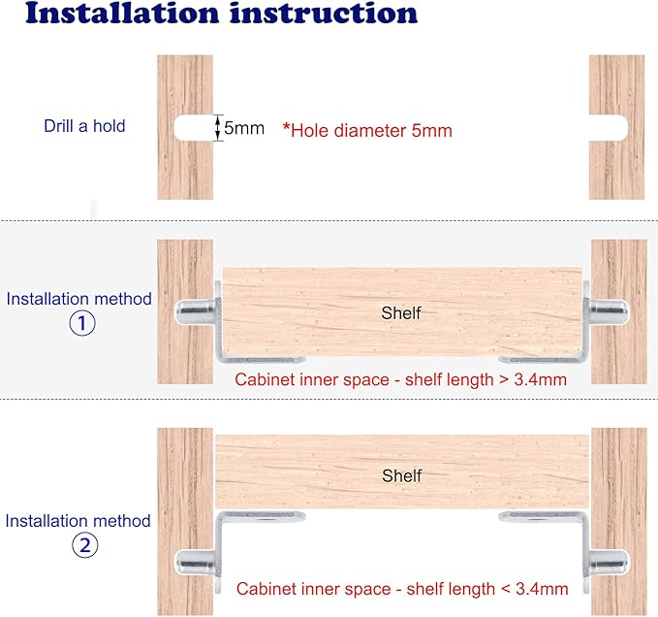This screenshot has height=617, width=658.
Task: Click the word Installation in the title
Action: (x=122, y=13)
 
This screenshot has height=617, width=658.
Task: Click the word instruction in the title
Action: (x=324, y=13)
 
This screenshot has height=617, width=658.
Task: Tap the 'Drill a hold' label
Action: (x=84, y=126)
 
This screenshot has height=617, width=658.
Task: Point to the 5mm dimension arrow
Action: (x=217, y=128)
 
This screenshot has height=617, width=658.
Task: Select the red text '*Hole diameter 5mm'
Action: (x=367, y=130)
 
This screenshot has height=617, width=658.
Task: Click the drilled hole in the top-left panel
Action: (x=194, y=128)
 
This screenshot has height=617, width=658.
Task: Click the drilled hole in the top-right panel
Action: (x=609, y=127)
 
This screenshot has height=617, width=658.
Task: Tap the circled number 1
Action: (x=82, y=323)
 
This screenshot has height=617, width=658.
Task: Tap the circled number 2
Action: (x=84, y=545)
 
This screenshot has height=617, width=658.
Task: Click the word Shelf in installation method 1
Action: (x=401, y=313)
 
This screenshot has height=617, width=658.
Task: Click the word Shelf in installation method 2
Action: (x=402, y=475)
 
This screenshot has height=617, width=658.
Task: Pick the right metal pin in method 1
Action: (x=608, y=312)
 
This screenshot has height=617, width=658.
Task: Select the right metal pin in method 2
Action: (x=608, y=562)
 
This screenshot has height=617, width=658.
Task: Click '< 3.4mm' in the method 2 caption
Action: (x=535, y=589)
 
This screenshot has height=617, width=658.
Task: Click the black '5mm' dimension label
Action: (x=244, y=128)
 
